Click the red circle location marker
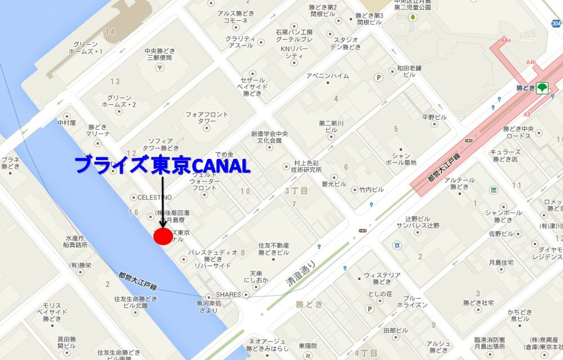[163, 236]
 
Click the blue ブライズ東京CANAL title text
[162, 165]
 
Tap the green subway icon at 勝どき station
[542, 88]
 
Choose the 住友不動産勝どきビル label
[274, 249]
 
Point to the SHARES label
[228, 295]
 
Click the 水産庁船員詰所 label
[76, 241]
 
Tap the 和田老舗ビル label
[406, 71]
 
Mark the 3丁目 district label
[296, 191]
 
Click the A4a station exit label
[506, 41]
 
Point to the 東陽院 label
[308, 345]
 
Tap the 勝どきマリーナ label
[97, 130]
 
